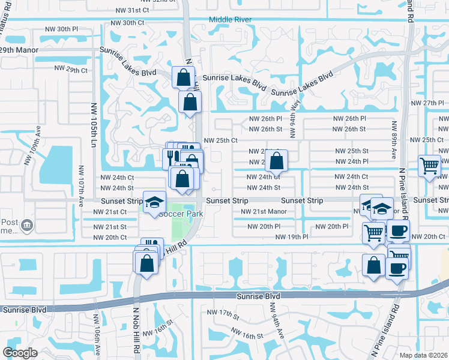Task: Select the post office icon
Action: pyautogui.click(x=27, y=226)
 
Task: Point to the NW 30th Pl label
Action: pyautogui.click(x=61, y=29)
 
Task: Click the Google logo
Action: pyautogui.click(x=20, y=353)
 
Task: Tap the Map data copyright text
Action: pyautogui.click(x=426, y=355)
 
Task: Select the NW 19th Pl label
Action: pyautogui.click(x=292, y=237)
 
